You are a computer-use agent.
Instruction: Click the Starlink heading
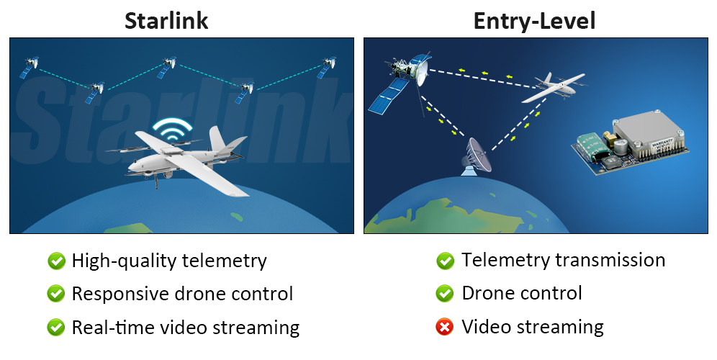(x=166, y=20)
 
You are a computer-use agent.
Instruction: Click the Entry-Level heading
(x=534, y=20)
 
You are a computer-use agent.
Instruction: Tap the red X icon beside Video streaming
(x=445, y=328)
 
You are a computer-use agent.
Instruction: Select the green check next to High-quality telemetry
(x=55, y=261)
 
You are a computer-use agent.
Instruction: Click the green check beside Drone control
(x=445, y=294)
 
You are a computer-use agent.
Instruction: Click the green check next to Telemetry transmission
(x=445, y=261)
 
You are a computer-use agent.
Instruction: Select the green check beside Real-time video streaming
(x=55, y=328)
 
